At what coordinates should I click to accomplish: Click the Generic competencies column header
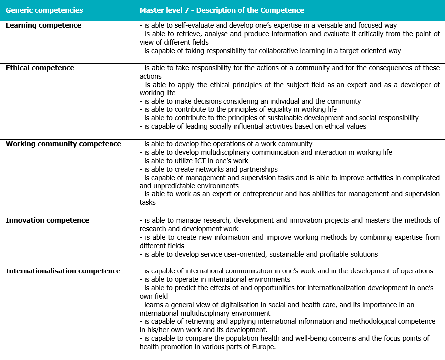[x=44, y=10]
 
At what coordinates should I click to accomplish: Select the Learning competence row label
[x=43, y=25]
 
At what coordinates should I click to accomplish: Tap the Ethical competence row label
[x=40, y=68]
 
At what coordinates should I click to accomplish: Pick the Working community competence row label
[x=63, y=144]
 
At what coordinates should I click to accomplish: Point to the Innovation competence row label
[x=47, y=220]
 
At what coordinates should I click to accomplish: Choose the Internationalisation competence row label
[x=63, y=271]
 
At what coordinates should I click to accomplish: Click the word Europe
[x=263, y=347]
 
